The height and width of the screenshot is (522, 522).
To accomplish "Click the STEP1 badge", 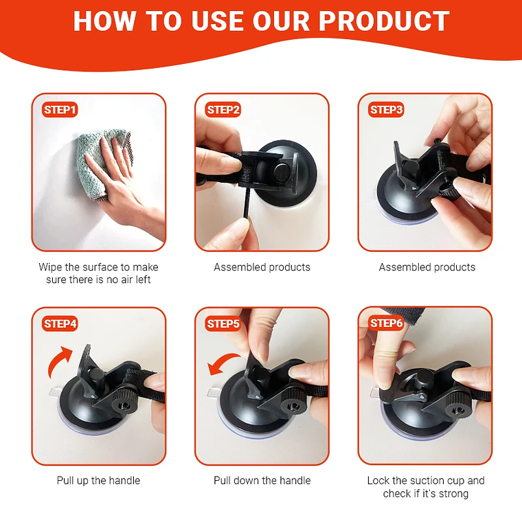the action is click(60, 110).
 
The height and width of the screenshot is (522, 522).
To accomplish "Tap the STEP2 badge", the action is click(223, 110).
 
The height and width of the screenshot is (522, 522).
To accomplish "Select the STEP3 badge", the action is click(386, 110).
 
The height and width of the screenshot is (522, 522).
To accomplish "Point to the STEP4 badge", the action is click(60, 324).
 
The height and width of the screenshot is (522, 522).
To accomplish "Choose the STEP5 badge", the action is click(223, 324).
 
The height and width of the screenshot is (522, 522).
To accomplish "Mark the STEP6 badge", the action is click(386, 323).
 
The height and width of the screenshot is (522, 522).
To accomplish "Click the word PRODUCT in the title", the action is click(384, 21).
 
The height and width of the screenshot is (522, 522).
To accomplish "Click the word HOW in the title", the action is click(104, 21).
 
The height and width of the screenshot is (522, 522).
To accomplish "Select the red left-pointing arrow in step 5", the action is click(223, 362).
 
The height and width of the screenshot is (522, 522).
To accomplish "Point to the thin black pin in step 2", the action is click(247, 203).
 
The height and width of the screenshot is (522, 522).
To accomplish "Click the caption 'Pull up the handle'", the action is click(98, 480).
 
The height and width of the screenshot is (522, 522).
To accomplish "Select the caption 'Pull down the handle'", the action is click(262, 480).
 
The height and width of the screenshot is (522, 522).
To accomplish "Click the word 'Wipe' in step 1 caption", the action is click(50, 267).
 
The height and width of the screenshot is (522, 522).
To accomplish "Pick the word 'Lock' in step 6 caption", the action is click(378, 480).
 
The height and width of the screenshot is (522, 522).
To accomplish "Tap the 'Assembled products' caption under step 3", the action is click(427, 267).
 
